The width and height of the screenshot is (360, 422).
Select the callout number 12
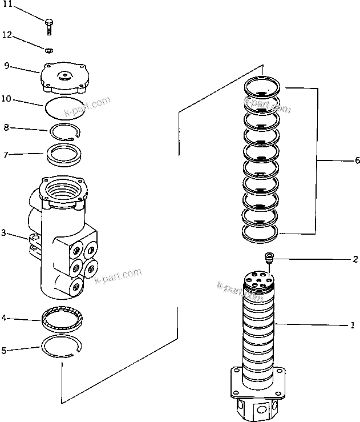click(x=7, y=35)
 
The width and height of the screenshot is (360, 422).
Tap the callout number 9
click(x=6, y=66)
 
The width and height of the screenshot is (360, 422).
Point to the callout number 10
click(x=6, y=98)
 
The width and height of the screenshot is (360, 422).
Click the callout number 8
click(x=6, y=127)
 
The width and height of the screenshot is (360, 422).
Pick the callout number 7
click(x=6, y=155)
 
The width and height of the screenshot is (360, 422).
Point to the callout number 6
click(x=357, y=161)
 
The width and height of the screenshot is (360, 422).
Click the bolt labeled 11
click(x=49, y=25)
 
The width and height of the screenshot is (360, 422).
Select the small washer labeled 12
click(x=50, y=49)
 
